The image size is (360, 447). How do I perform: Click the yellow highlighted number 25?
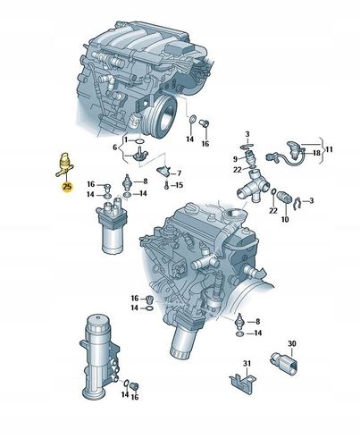coord(67,187)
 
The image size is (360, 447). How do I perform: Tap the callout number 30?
coord(292,343)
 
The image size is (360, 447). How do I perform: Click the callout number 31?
coord(247,364)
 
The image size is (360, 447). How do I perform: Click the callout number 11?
coord(329,149)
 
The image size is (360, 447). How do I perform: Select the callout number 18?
coord(316,153)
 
